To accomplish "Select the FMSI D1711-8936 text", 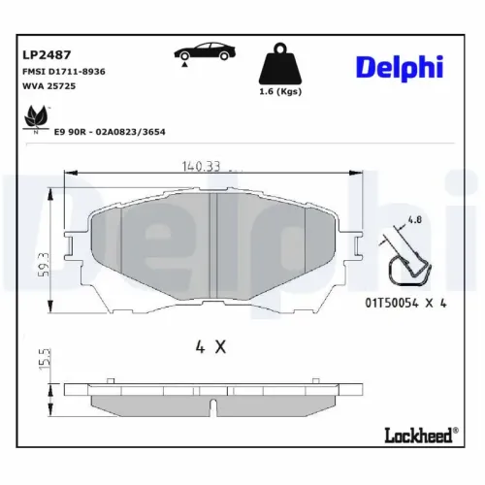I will [x=63, y=71].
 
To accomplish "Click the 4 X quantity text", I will [x=210, y=346].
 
